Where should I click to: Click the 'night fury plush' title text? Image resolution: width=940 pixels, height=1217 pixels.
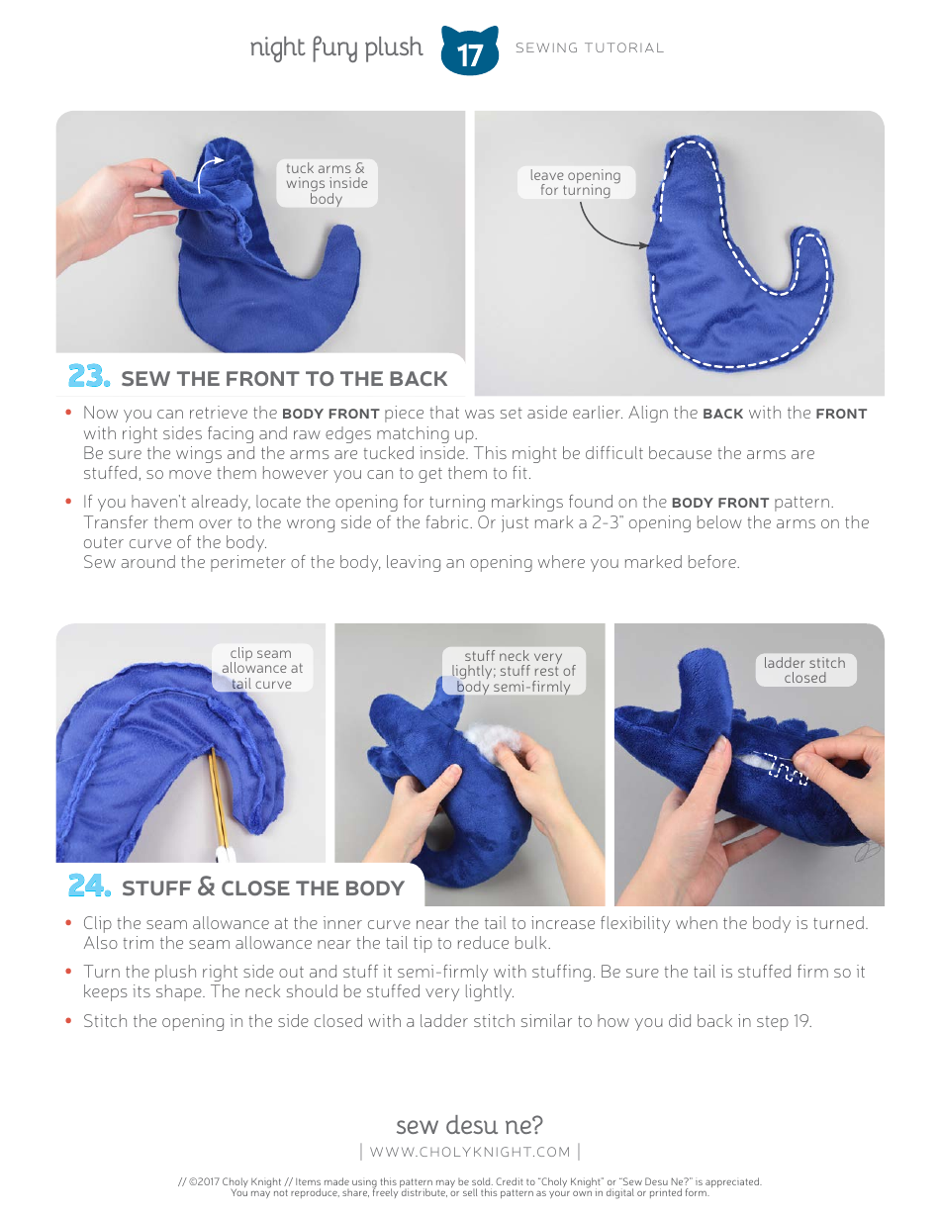click(x=335, y=47)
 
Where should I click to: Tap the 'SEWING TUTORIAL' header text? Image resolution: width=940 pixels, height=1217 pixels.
click(x=590, y=47)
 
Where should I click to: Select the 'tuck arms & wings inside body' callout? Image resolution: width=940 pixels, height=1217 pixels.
click(x=326, y=183)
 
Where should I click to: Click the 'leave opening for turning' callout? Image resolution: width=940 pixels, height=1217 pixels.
click(x=575, y=182)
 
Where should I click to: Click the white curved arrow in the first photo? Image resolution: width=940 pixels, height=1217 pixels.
click(x=208, y=176)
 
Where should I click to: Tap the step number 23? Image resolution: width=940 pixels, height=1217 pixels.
click(x=88, y=377)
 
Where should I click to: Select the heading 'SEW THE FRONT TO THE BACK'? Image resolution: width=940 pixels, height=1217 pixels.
click(x=284, y=379)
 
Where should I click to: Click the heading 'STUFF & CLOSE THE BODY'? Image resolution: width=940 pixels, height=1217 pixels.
click(x=262, y=888)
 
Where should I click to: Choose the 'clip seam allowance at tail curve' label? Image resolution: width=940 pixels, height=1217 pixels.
click(x=261, y=668)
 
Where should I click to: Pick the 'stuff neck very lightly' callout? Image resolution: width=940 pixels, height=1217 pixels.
click(x=514, y=671)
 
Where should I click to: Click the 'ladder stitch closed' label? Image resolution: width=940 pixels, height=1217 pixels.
click(x=804, y=670)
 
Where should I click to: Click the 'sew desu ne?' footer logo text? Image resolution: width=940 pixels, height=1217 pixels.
click(x=469, y=1125)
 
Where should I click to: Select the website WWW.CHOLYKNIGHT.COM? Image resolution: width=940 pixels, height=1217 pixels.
click(x=470, y=1152)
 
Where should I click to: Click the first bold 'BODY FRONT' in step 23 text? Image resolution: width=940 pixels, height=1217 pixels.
click(x=330, y=414)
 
